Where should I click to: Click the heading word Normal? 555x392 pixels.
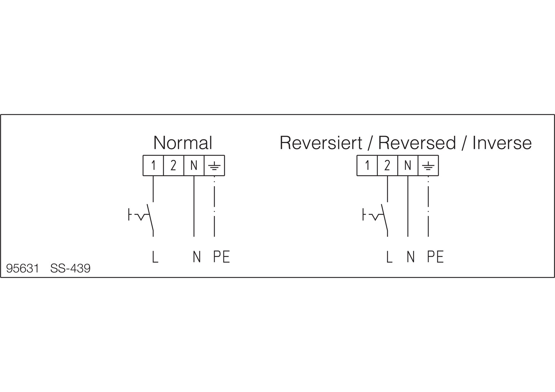(183, 143)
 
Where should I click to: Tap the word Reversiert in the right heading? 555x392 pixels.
(321, 143)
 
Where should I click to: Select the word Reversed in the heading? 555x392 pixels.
(417, 143)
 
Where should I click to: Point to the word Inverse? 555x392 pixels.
(502, 143)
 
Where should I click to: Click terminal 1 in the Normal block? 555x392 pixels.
(153, 166)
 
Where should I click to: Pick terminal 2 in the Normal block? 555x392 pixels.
(174, 166)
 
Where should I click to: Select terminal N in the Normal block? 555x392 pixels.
(194, 166)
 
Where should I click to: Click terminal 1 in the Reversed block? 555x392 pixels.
(367, 166)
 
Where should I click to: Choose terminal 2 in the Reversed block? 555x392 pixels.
(388, 166)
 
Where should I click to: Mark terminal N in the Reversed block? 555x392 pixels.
(408, 166)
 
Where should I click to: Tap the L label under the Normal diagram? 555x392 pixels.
(155, 257)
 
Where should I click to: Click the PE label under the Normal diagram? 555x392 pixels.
(221, 257)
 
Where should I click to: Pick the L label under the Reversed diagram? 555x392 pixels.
(389, 257)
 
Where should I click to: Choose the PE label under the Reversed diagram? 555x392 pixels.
(435, 257)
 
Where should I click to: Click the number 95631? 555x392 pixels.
(23, 269)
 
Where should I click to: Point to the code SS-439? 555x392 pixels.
(70, 269)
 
